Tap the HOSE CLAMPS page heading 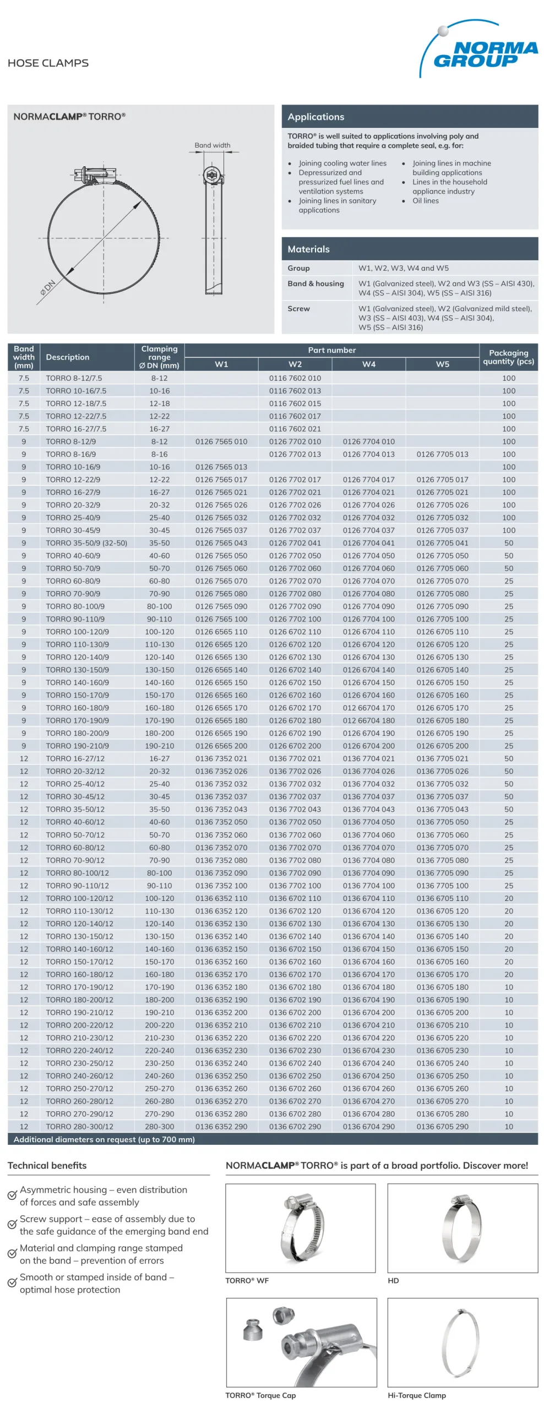coord(48,63)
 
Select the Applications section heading coord(315,117)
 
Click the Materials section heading coord(308,249)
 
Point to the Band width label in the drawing coord(212,145)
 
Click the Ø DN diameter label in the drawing coord(48,287)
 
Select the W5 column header coord(442,364)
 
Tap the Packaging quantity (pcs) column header coord(508,357)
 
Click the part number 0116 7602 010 coord(295,378)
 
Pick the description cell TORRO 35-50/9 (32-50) coord(86,543)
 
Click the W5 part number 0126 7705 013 coord(442,454)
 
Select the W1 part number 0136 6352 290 coord(221,1126)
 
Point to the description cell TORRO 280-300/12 coord(79,1126)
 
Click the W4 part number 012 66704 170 coord(368,708)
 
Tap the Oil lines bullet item coord(425,201)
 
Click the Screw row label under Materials coord(298,309)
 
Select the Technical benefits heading coord(47,1165)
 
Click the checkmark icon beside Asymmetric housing coord(12,1195)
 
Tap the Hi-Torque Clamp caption coord(416,1395)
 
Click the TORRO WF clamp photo coord(301,1228)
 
